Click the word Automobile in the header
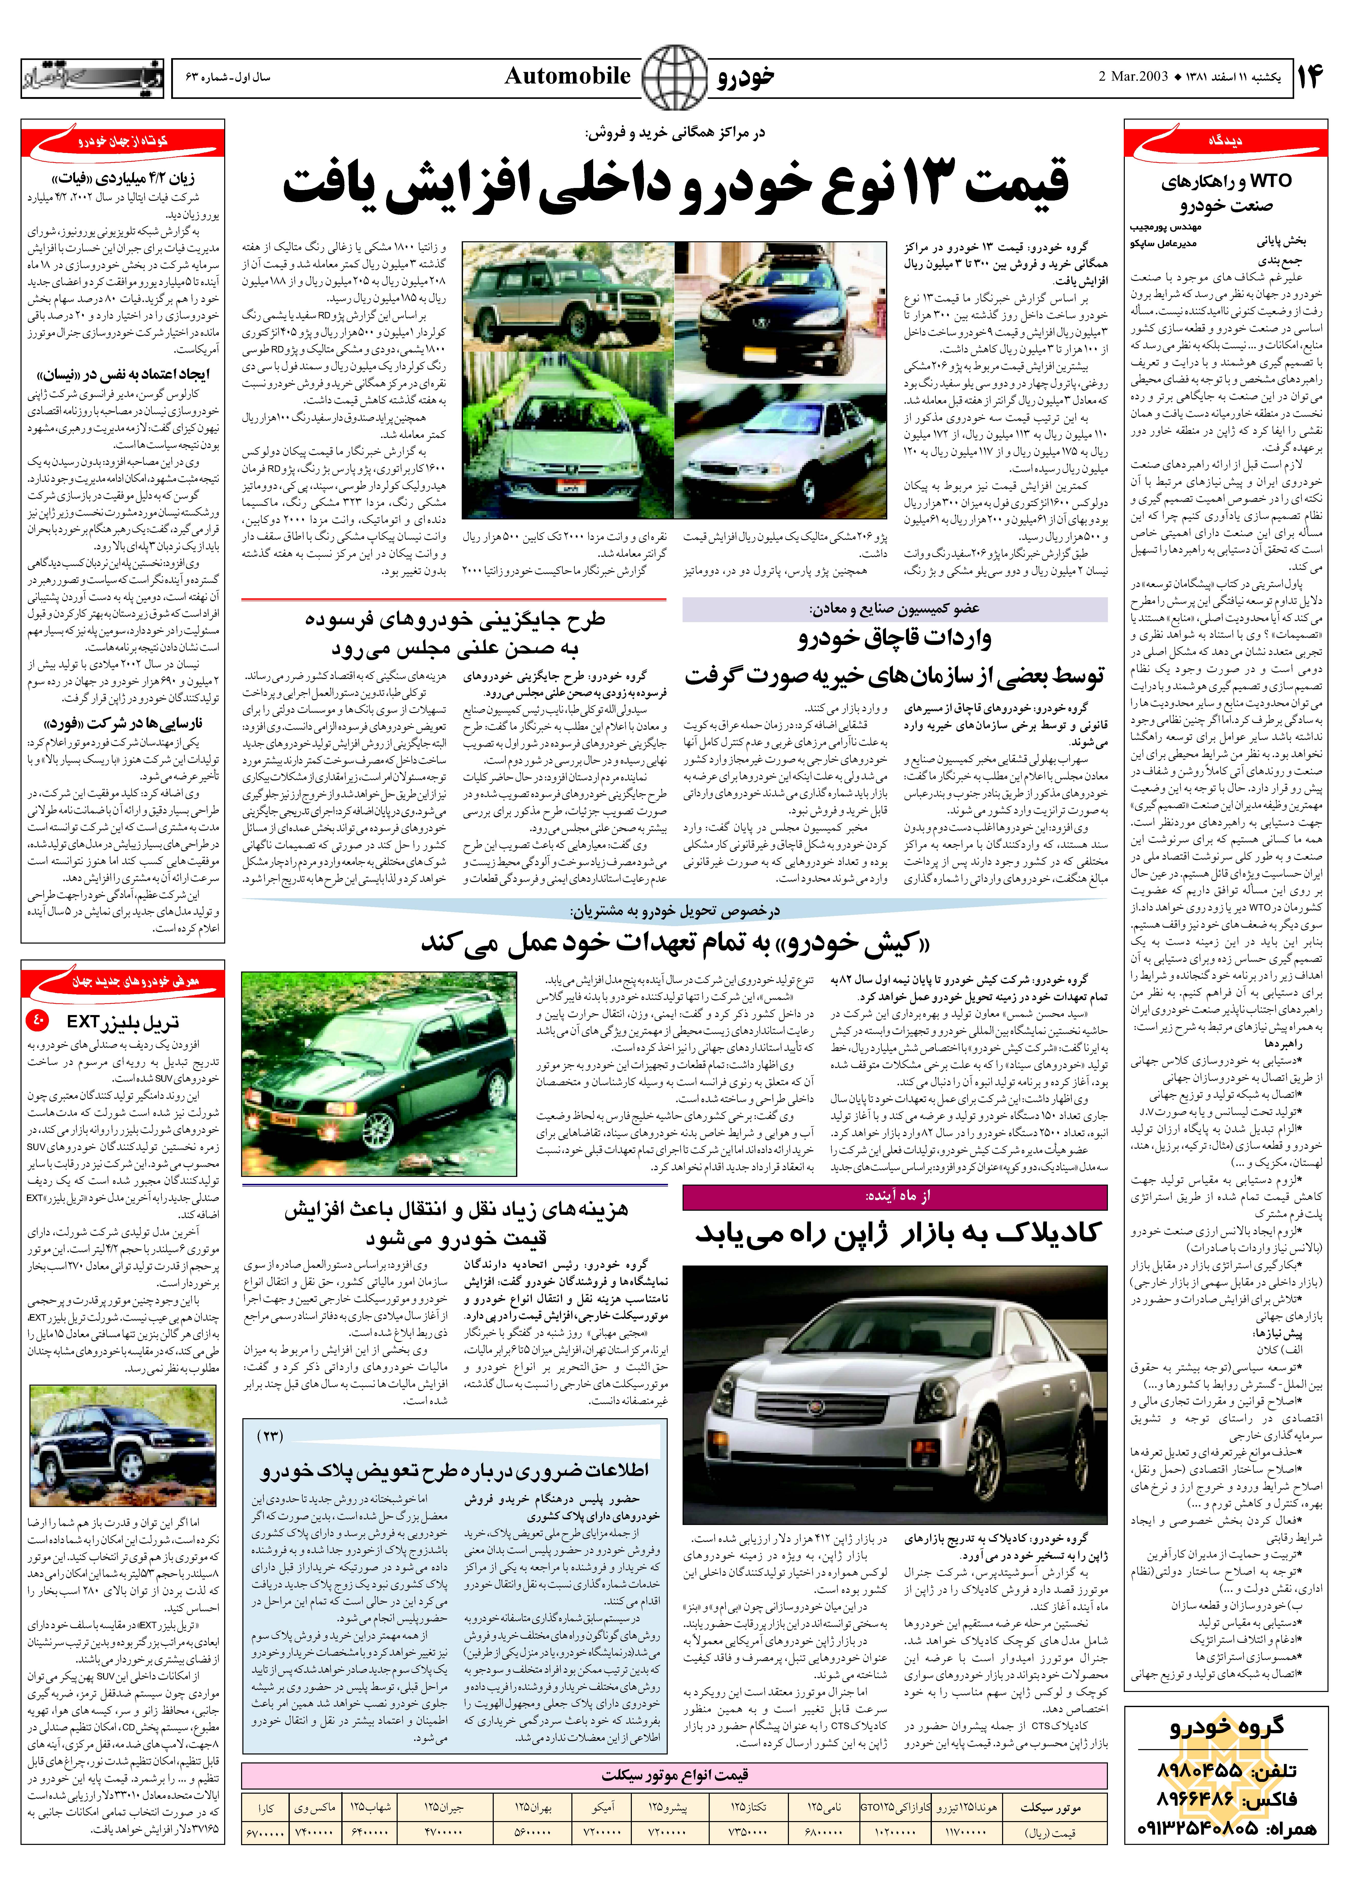(x=567, y=76)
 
